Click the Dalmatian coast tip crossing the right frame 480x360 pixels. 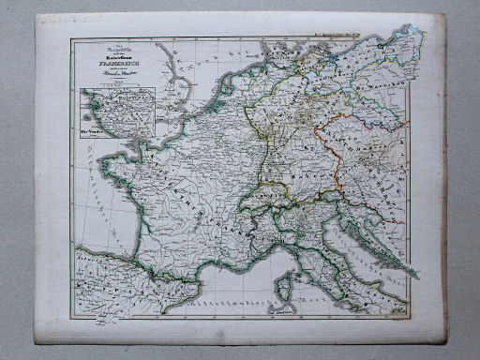coord(410,268)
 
